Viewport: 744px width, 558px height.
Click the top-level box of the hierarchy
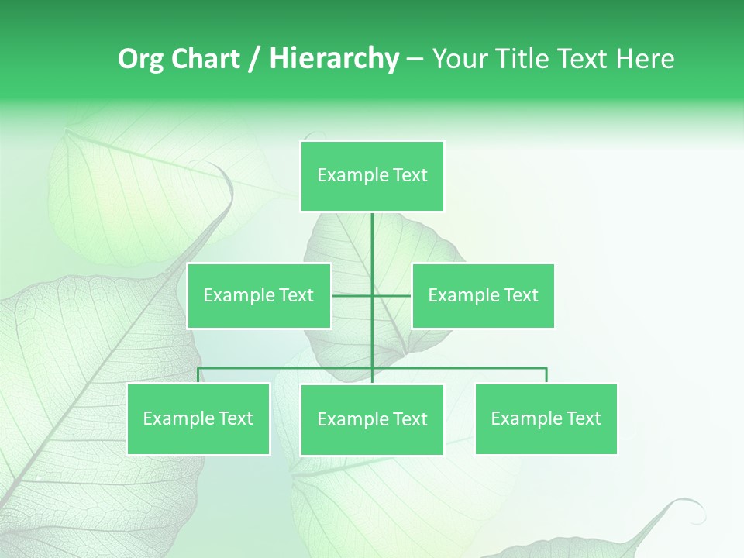(372, 176)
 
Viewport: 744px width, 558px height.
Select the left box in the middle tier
(259, 295)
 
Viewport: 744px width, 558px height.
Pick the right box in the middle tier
(483, 295)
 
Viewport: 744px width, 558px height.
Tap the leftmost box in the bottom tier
(198, 419)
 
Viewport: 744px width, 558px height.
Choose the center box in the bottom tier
(372, 420)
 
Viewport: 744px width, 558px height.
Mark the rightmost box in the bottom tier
(546, 419)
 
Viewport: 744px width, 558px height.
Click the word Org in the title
(140, 60)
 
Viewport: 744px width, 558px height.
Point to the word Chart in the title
(205, 59)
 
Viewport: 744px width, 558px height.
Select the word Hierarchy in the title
(334, 59)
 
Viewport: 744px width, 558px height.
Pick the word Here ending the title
(645, 59)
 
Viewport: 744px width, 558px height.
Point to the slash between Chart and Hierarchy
(255, 60)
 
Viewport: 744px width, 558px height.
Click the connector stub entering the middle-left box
(351, 295)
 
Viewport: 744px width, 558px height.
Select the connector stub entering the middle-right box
(392, 295)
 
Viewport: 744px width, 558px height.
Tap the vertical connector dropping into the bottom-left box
(198, 375)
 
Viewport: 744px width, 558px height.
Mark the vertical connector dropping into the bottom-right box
(546, 375)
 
